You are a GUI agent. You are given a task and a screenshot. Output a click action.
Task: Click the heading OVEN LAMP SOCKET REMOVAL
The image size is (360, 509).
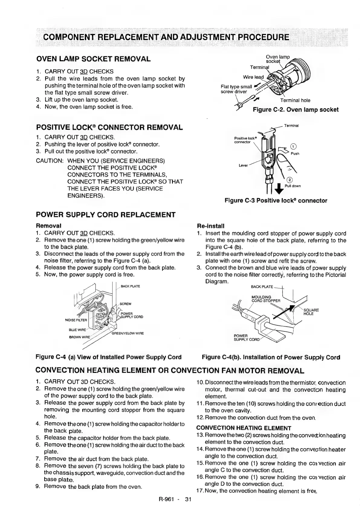(93, 59)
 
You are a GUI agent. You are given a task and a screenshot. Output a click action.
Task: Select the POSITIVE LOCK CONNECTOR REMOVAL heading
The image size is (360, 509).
(109, 127)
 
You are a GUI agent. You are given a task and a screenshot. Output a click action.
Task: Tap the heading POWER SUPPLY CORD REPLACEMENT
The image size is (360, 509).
(105, 215)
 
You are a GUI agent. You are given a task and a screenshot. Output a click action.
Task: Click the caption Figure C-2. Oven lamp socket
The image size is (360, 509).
(295, 109)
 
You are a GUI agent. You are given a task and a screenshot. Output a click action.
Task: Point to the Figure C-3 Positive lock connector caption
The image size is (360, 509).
(276, 201)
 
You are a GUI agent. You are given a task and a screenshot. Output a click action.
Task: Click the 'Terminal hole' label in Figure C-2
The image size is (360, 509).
(295, 100)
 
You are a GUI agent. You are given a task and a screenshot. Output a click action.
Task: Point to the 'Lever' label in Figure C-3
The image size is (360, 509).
(243, 165)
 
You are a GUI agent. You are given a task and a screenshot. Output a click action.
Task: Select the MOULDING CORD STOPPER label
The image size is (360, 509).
(266, 299)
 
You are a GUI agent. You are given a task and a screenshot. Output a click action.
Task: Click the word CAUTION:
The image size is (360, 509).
(50, 161)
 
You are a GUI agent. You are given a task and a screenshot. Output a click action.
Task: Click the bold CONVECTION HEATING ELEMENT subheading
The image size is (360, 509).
(244, 428)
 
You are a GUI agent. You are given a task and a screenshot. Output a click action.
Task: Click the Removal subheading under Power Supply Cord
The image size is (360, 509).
(48, 226)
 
